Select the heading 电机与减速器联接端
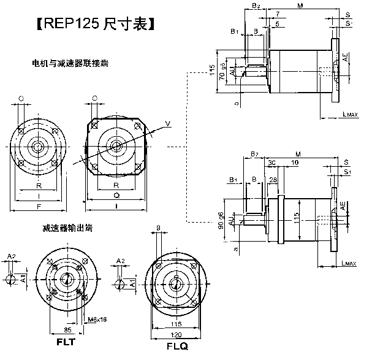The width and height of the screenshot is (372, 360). click(71, 63)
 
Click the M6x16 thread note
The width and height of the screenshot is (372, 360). click(98, 319)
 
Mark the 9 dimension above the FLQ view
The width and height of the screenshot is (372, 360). click(159, 229)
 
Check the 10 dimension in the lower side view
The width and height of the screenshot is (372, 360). click(295, 163)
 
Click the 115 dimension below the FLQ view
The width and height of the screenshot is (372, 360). click(177, 323)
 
